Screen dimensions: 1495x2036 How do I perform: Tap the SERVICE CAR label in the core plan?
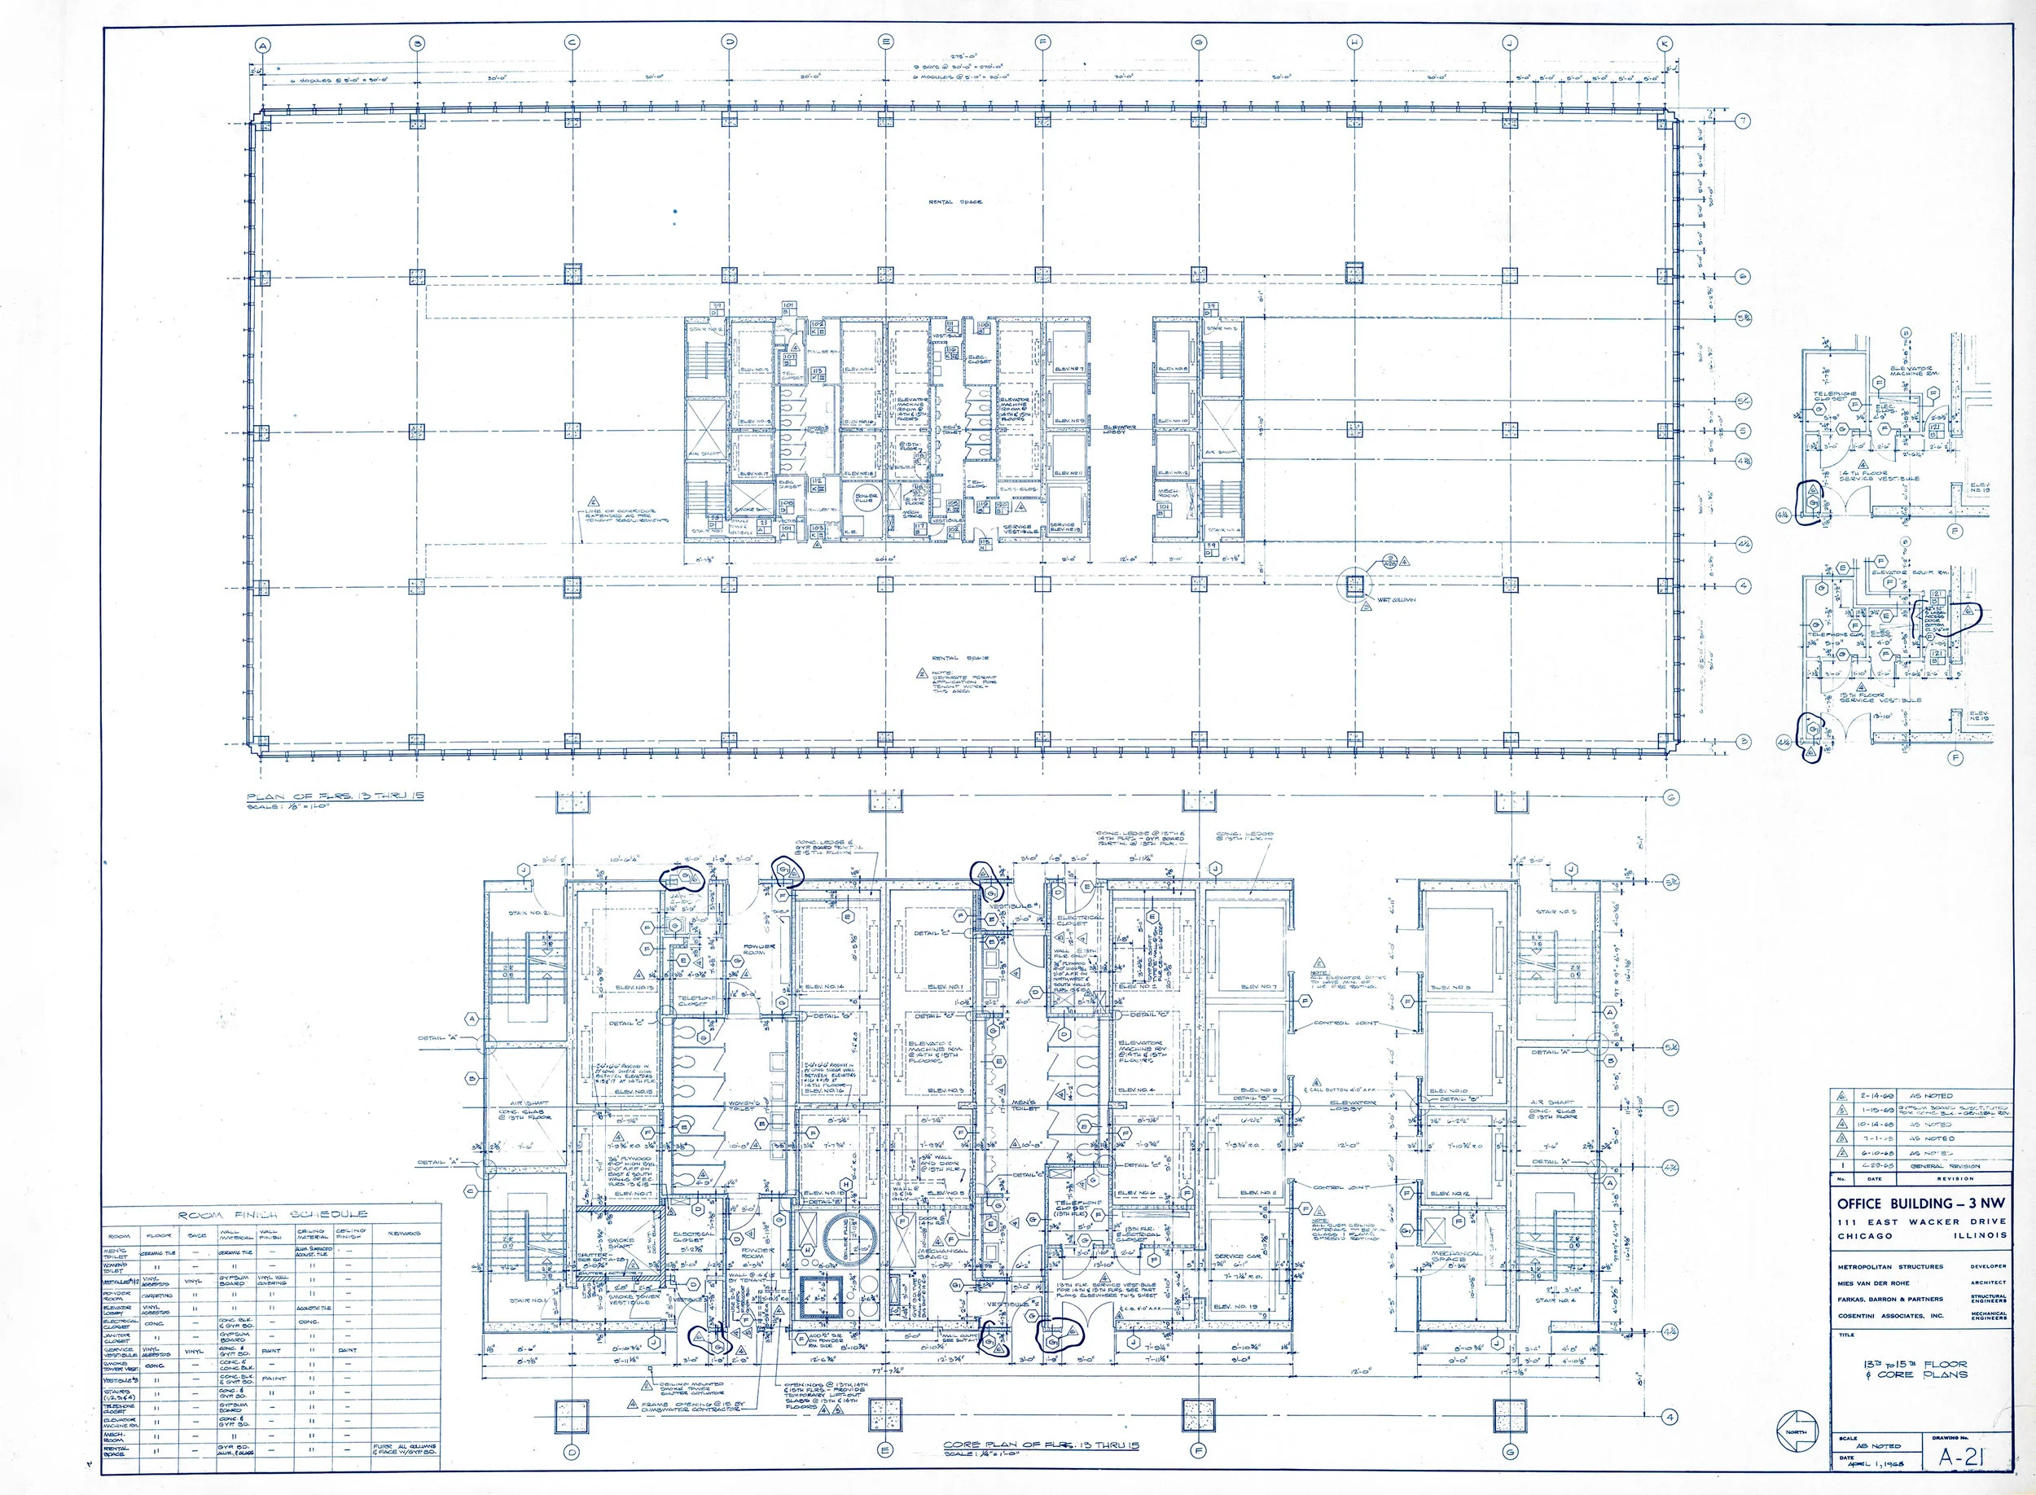coord(1239,1257)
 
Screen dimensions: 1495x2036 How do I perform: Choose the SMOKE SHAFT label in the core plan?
coord(620,1244)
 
